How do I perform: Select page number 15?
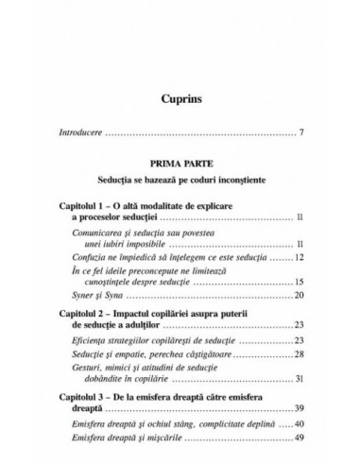click(297, 282)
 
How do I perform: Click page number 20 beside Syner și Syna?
click(297, 296)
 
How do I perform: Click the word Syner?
click(84, 296)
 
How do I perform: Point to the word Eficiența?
click(92, 339)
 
